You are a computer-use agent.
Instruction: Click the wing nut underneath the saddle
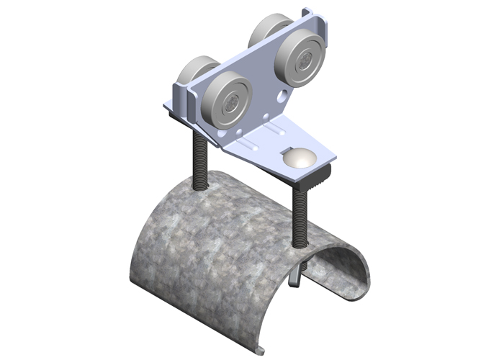tap(296, 276)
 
